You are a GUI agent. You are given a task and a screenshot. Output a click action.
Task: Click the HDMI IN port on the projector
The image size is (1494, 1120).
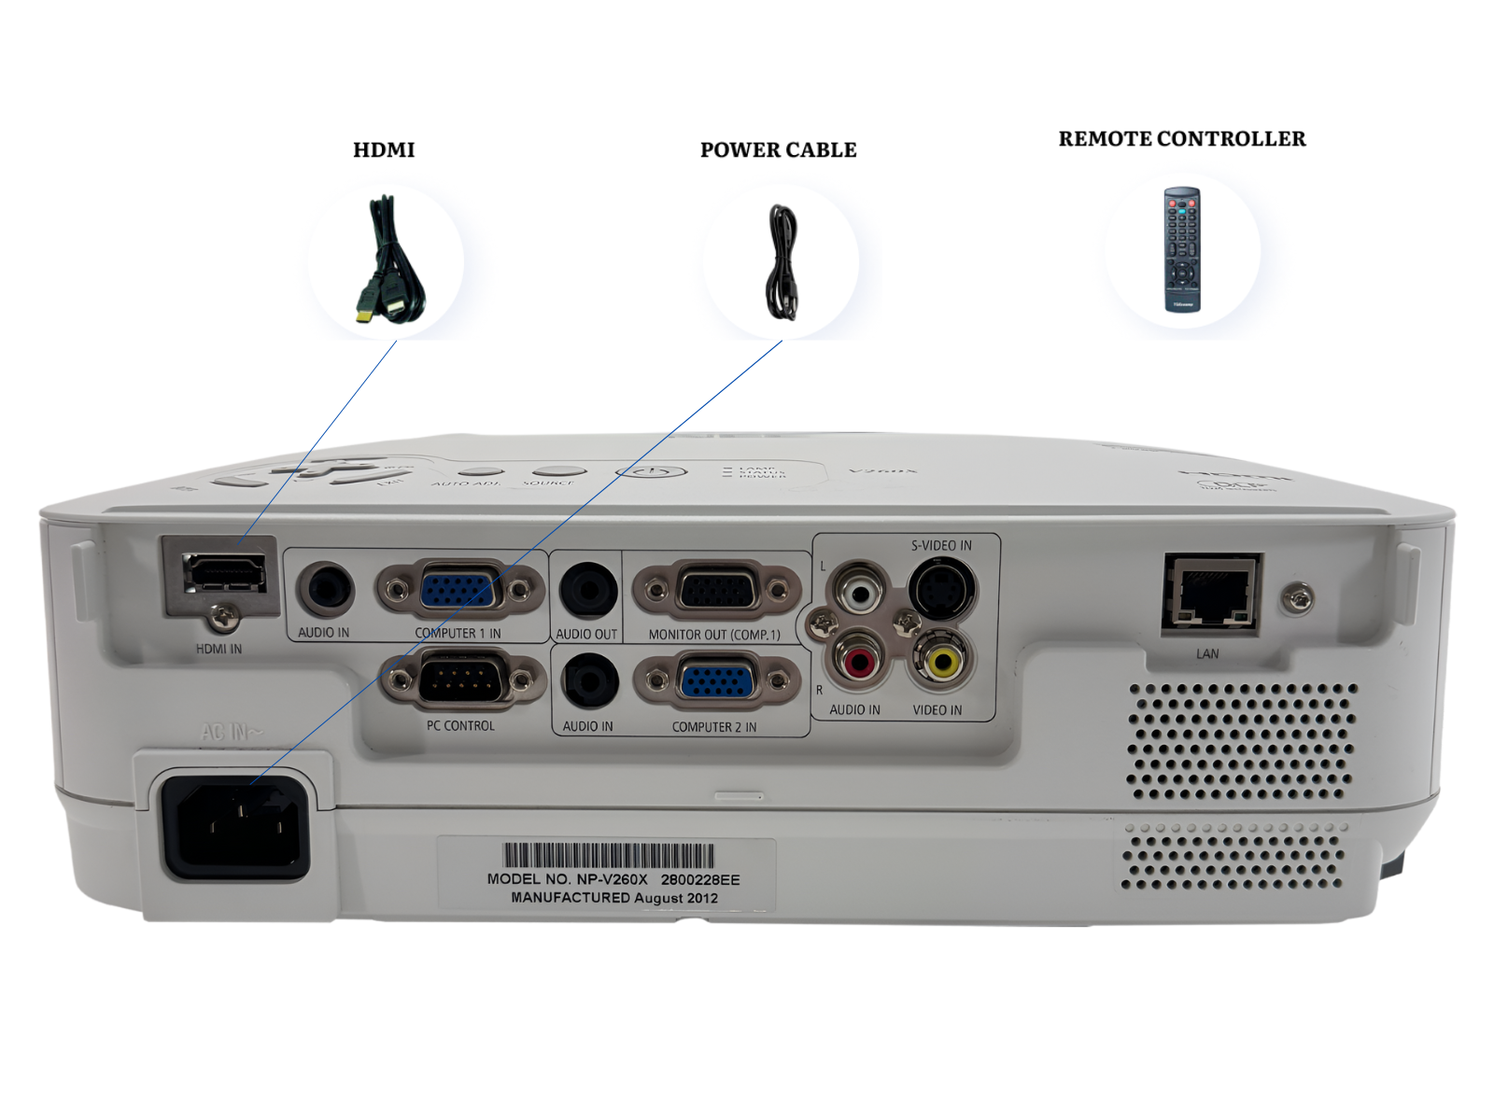click(224, 574)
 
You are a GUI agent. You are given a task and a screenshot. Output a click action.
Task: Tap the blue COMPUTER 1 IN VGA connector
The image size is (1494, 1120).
click(458, 590)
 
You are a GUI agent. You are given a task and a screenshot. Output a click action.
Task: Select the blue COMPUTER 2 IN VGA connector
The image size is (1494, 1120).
click(716, 681)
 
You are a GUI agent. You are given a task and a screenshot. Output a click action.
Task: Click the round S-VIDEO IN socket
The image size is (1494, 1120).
click(942, 588)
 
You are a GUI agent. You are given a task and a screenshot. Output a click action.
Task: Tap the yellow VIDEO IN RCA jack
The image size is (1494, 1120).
click(942, 661)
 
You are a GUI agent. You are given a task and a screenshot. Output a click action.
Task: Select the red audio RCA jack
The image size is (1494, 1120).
click(857, 661)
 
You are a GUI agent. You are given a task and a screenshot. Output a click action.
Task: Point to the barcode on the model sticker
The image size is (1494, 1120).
click(609, 855)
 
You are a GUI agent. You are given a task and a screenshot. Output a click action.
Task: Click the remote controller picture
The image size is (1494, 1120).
click(1181, 249)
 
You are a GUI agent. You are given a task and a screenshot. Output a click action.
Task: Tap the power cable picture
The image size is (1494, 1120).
click(782, 263)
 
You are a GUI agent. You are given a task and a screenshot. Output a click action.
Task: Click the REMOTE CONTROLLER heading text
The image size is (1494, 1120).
click(1181, 139)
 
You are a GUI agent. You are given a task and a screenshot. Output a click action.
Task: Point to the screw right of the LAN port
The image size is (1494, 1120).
click(1297, 597)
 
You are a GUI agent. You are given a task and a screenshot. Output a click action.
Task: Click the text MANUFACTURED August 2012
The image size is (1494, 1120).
click(613, 898)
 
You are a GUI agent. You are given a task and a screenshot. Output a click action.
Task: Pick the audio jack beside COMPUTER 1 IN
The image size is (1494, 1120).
click(325, 589)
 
